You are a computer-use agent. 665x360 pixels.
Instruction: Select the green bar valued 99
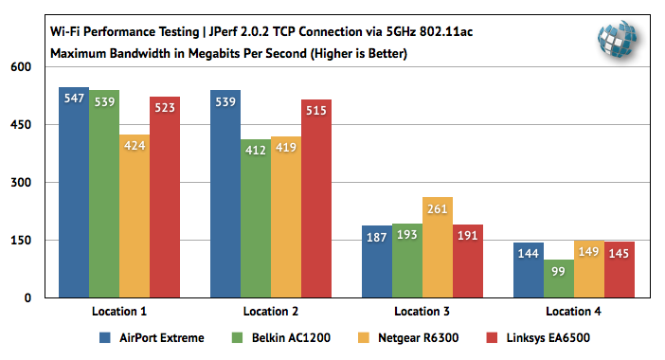coord(559,279)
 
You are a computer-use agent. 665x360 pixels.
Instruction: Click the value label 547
coord(74,98)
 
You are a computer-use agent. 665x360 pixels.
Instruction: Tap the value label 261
coord(438,208)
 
